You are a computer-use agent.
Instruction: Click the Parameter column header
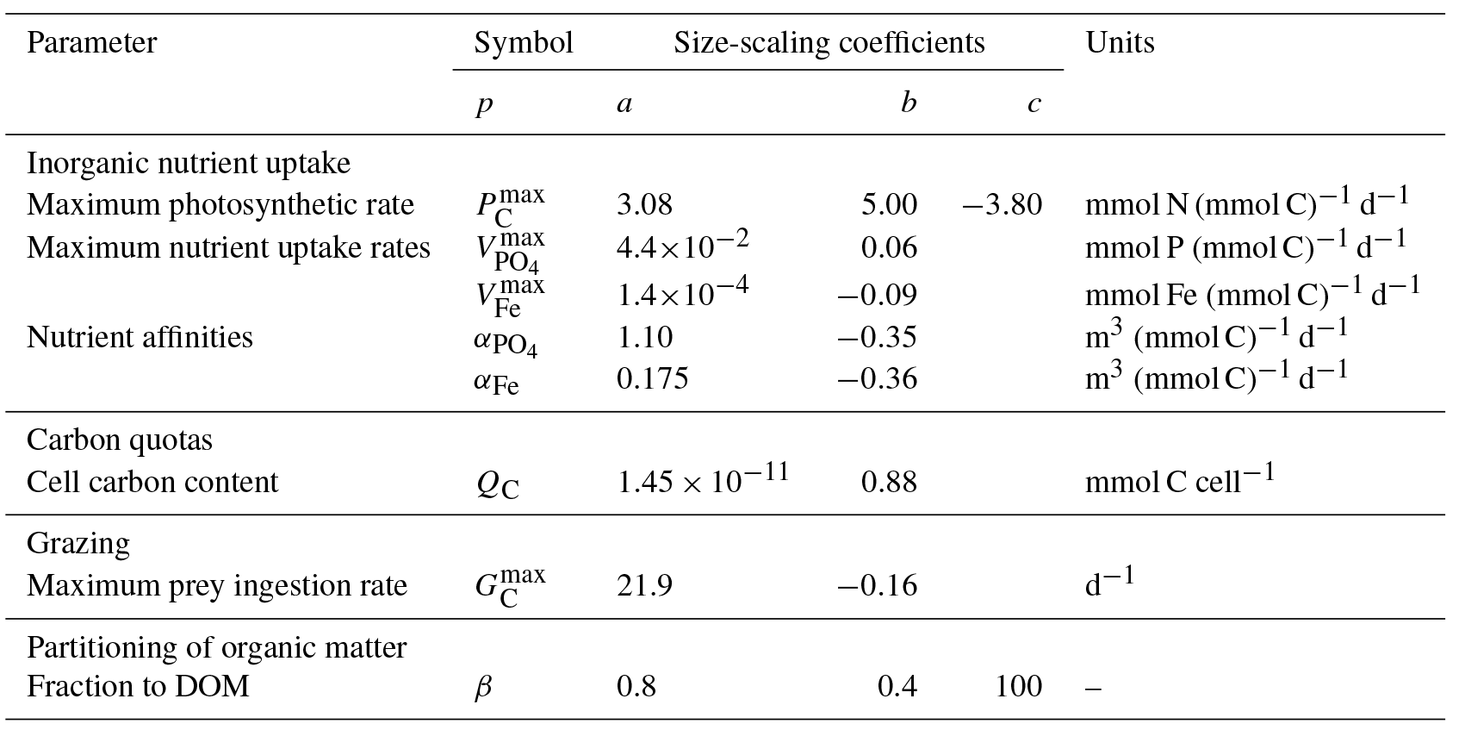[91, 43]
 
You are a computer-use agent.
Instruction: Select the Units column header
[1120, 43]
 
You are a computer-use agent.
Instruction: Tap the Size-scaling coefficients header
[829, 43]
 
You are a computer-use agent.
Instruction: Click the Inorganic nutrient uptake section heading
[189, 163]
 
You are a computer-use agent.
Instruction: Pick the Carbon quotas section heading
[120, 440]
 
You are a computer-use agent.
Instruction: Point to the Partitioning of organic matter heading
[216, 647]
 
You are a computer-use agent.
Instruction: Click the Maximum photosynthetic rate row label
[220, 205]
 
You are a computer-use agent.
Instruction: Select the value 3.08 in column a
[644, 205]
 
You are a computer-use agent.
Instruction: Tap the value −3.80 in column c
[1002, 205]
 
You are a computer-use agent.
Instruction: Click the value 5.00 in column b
[889, 205]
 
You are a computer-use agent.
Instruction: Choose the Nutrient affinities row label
[140, 337]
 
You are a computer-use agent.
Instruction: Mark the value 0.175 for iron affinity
[652, 379]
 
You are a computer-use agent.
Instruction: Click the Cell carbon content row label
[152, 482]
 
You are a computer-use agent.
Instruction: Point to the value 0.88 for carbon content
[889, 482]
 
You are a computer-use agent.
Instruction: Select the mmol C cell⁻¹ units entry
[1179, 480]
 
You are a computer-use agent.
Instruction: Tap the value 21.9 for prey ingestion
[644, 586]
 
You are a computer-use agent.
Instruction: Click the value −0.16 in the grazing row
[878, 586]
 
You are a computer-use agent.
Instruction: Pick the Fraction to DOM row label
[138, 687]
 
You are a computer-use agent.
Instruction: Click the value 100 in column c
[1019, 687]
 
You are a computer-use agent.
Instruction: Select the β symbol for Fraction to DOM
[483, 688]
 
